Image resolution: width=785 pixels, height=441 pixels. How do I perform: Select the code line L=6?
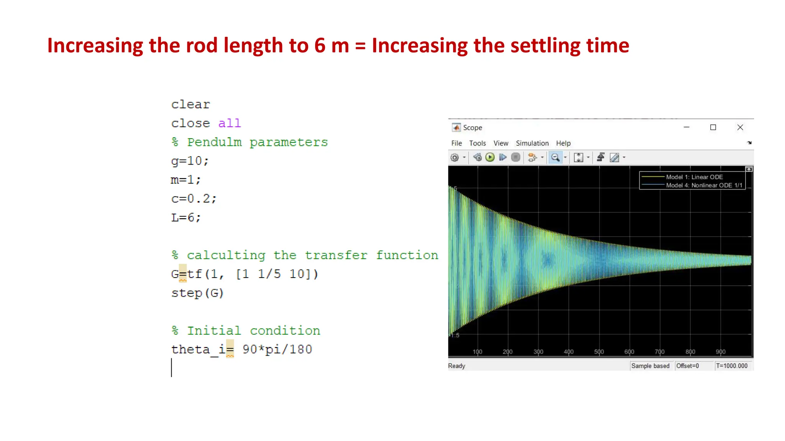coord(186,217)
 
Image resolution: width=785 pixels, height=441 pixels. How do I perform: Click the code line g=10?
coord(190,161)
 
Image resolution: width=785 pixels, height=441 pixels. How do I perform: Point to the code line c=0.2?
coord(194,199)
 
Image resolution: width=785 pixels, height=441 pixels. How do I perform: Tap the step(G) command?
coord(197,293)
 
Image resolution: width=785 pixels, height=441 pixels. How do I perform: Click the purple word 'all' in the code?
coord(229,123)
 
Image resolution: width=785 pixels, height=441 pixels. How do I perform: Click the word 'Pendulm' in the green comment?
coord(214,142)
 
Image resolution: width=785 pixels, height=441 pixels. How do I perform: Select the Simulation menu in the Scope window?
coord(532,143)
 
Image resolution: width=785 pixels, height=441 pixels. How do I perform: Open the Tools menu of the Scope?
coord(477,143)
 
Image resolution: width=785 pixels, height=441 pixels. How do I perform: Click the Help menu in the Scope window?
coord(563,143)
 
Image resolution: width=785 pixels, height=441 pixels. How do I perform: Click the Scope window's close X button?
coord(740,127)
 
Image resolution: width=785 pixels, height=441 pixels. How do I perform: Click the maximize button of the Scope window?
coord(713,127)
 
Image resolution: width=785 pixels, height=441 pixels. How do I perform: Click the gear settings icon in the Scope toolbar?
coord(455,157)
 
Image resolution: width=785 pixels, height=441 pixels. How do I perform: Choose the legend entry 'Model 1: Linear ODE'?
coord(694,177)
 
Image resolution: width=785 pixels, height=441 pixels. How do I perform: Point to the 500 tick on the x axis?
coord(599,352)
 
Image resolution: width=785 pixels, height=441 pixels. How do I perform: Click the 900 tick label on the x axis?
coord(720,352)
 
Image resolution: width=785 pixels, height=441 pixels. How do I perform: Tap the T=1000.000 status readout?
coord(731,366)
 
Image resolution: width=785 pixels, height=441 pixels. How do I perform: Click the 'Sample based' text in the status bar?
coord(650,366)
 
